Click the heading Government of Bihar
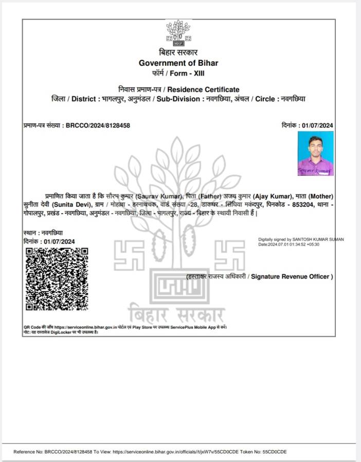(x=178, y=63)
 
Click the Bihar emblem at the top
(x=178, y=32)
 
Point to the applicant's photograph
(x=315, y=153)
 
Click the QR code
(x=57, y=279)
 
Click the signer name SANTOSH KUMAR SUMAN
(x=318, y=239)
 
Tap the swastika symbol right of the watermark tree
(x=229, y=254)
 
